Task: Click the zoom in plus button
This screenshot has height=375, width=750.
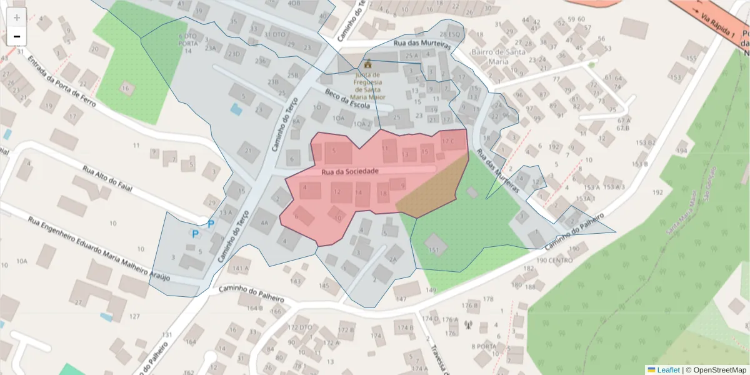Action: (17, 17)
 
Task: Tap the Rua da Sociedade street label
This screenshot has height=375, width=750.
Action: (350, 171)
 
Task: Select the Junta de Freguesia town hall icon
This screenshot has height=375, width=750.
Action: (367, 64)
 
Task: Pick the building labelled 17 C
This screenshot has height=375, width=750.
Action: (448, 141)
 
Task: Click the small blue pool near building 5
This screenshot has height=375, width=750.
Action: (236, 110)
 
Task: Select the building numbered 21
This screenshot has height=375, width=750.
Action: (250, 151)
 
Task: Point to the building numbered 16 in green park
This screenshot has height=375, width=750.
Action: (127, 88)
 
